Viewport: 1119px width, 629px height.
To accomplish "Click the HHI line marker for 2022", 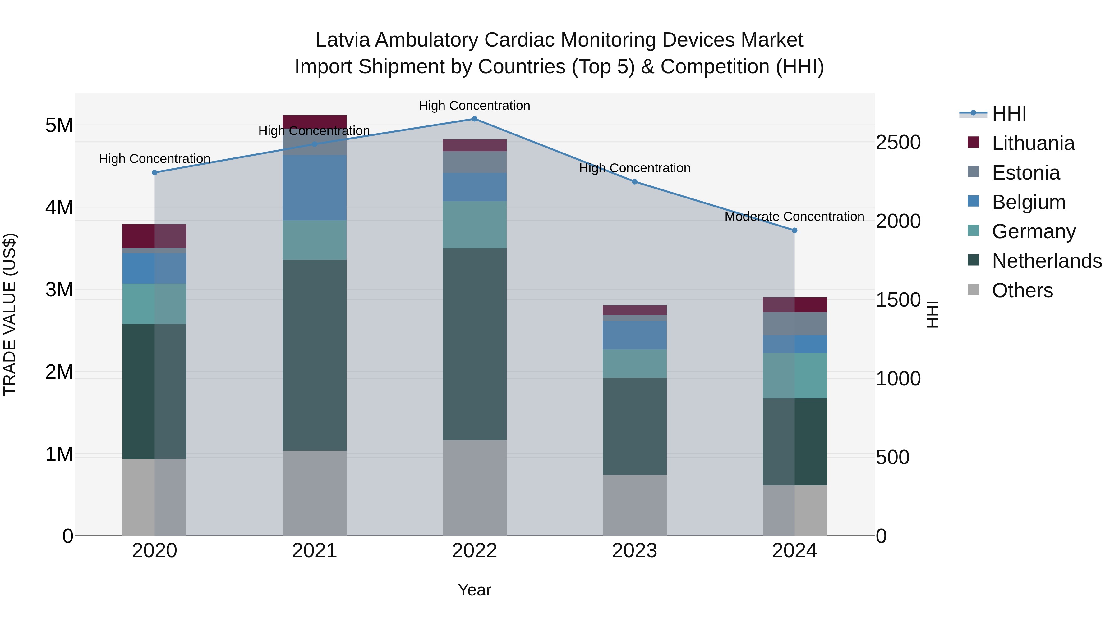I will (474, 119).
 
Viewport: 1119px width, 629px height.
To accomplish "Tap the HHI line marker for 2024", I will (794, 230).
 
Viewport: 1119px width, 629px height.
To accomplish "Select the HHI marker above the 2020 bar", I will (155, 172).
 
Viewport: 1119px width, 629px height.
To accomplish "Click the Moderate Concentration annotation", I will (794, 216).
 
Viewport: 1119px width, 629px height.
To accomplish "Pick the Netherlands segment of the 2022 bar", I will (474, 344).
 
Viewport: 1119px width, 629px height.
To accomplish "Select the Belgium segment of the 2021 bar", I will (315, 188).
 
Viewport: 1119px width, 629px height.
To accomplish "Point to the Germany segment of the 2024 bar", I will (794, 376).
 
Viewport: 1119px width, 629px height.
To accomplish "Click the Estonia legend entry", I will (1026, 173).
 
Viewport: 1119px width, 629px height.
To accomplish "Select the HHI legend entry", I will (1009, 114).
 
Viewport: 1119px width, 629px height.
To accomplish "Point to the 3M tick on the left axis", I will (59, 289).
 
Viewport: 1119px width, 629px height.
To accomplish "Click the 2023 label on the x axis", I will (634, 551).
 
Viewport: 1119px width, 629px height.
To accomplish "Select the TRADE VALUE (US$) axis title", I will (10, 314).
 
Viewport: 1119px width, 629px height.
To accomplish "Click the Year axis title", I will (474, 590).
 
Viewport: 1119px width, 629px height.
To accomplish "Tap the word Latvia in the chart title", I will (342, 40).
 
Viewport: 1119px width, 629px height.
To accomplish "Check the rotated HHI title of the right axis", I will (932, 314).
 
